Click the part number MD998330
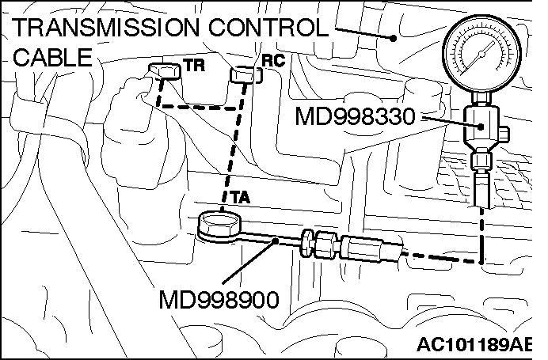354,118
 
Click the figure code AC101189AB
485,345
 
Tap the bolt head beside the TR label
162,72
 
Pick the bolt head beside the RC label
244,74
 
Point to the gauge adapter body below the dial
481,126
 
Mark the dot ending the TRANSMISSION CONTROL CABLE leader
394,36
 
